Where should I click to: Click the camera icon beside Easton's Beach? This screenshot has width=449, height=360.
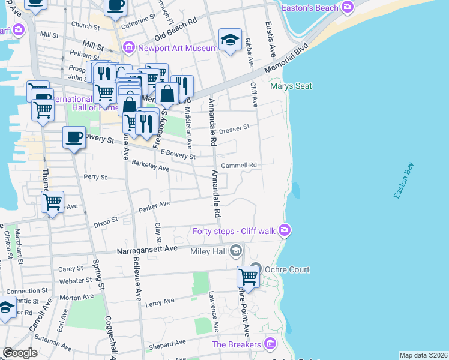coord(347,7)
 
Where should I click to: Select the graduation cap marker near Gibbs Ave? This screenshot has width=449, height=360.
coord(230,40)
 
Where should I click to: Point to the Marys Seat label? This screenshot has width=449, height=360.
coord(291,86)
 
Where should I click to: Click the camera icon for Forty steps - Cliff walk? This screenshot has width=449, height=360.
coord(284,230)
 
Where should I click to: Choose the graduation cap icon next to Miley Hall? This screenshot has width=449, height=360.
coord(236,250)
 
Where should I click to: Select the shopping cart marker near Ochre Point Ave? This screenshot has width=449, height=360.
coord(248,277)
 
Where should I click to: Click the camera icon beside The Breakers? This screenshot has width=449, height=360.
coord(270,344)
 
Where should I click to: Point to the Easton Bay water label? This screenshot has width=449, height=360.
coord(405,181)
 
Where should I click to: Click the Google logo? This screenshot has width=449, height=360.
coord(20,353)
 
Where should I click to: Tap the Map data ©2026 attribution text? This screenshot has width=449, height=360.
coord(423,355)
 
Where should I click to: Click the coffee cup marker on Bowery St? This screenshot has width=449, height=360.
coord(74,137)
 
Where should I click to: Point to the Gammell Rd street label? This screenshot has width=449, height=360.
coord(239,165)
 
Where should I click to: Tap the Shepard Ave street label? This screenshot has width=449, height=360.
coord(167,344)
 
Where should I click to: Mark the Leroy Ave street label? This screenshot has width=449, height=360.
coord(160,302)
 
